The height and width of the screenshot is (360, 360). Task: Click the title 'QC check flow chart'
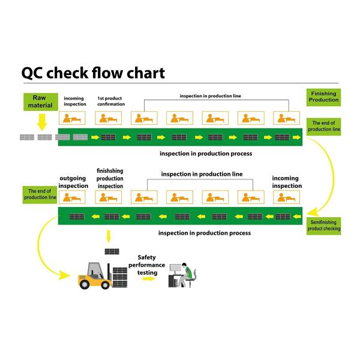(93, 73)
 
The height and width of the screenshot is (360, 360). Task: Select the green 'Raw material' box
(39, 101)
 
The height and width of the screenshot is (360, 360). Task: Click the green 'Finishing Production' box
(323, 97)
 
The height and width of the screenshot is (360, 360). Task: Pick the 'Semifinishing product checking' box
(324, 225)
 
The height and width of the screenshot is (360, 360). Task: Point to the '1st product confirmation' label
(111, 101)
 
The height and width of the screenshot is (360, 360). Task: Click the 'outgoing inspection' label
(74, 182)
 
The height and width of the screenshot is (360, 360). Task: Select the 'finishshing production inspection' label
(110, 178)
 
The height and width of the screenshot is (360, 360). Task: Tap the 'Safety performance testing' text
(147, 264)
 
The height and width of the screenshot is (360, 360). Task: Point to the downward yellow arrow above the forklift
(108, 235)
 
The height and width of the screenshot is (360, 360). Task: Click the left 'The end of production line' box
(40, 194)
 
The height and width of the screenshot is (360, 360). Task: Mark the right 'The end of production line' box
(324, 126)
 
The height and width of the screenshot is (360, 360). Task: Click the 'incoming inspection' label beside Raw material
(74, 101)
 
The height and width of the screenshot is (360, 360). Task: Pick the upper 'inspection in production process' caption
(205, 154)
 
